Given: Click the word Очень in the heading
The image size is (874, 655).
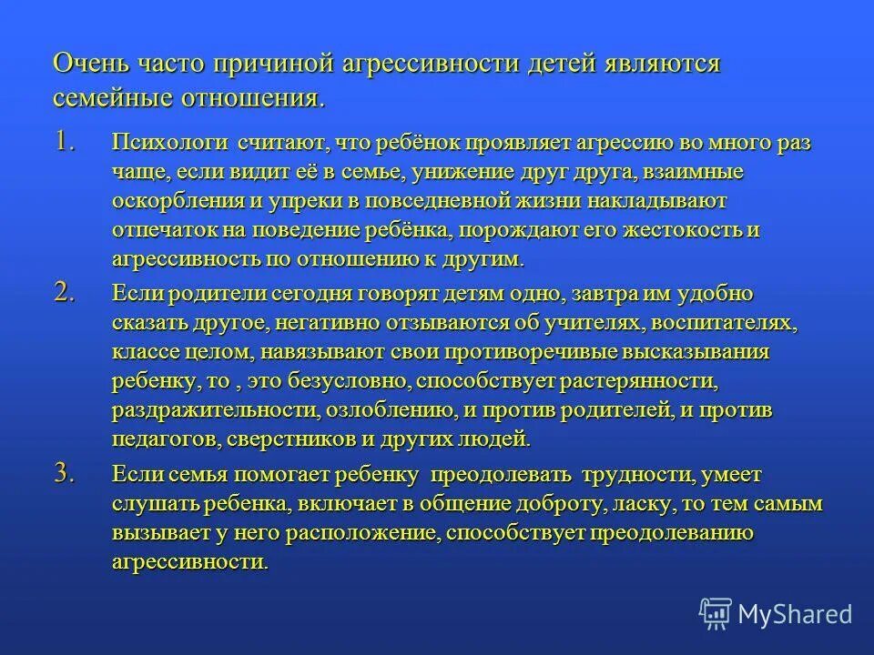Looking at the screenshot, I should click(x=92, y=65).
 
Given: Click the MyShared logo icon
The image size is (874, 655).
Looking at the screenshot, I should click(x=715, y=613).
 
